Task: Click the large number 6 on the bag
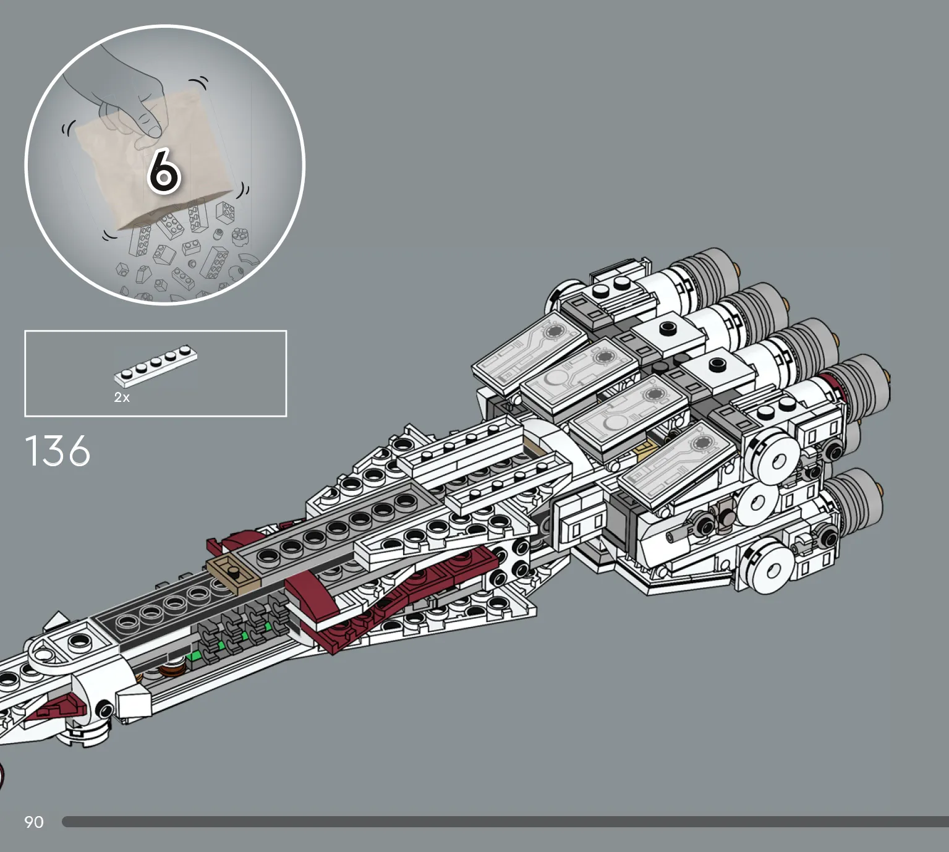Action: click(x=163, y=171)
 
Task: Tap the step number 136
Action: click(x=57, y=451)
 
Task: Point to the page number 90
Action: click(x=34, y=822)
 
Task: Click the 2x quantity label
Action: click(x=122, y=397)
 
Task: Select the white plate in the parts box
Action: click(x=156, y=366)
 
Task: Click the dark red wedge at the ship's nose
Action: click(x=59, y=707)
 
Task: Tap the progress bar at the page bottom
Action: click(x=505, y=822)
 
